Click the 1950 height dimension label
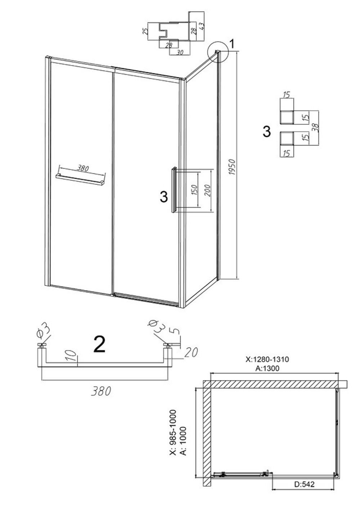coord(232,167)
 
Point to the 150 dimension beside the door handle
coord(194,190)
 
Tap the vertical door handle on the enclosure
coord(174,190)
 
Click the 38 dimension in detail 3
coord(316,128)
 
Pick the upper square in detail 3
coord(287,118)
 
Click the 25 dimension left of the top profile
coord(145,31)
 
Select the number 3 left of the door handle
coord(164,196)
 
